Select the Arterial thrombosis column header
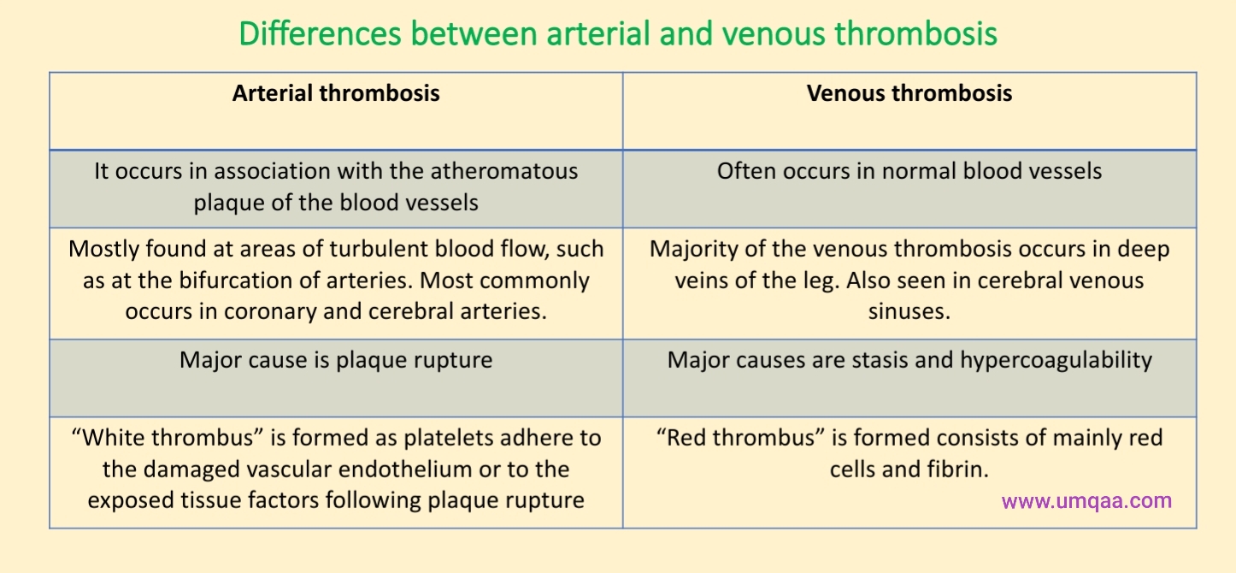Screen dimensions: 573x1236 (336, 93)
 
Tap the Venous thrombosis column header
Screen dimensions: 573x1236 (909, 93)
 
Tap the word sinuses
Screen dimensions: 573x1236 (909, 311)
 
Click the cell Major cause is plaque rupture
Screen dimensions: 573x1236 (336, 360)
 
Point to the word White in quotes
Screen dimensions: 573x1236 (110, 438)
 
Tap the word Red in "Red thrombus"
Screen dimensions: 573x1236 (684, 438)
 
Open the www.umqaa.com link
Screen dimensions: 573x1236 (1086, 501)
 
